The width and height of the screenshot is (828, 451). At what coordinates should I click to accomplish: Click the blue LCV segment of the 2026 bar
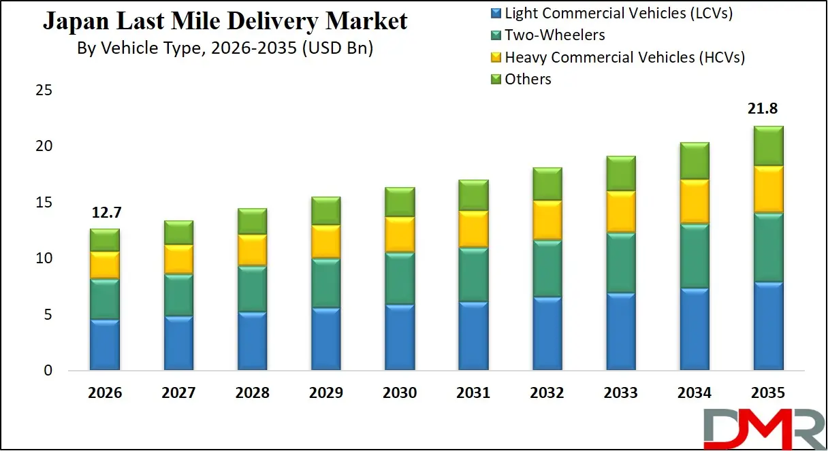105,345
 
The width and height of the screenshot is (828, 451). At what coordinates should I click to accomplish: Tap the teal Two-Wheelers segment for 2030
400,279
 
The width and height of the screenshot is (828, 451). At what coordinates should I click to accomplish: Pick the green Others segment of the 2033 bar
620,173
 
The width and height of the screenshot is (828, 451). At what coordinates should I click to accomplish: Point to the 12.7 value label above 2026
105,212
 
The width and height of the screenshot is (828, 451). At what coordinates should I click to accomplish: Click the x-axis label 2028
252,393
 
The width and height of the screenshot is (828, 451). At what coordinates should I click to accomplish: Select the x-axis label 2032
547,393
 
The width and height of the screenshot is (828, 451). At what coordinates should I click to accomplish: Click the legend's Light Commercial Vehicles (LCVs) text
618,12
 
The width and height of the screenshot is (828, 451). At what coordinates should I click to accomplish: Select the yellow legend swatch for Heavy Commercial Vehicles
496,58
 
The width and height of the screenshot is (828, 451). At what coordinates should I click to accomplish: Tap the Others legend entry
528,80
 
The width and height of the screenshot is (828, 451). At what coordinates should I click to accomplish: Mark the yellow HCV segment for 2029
325,241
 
